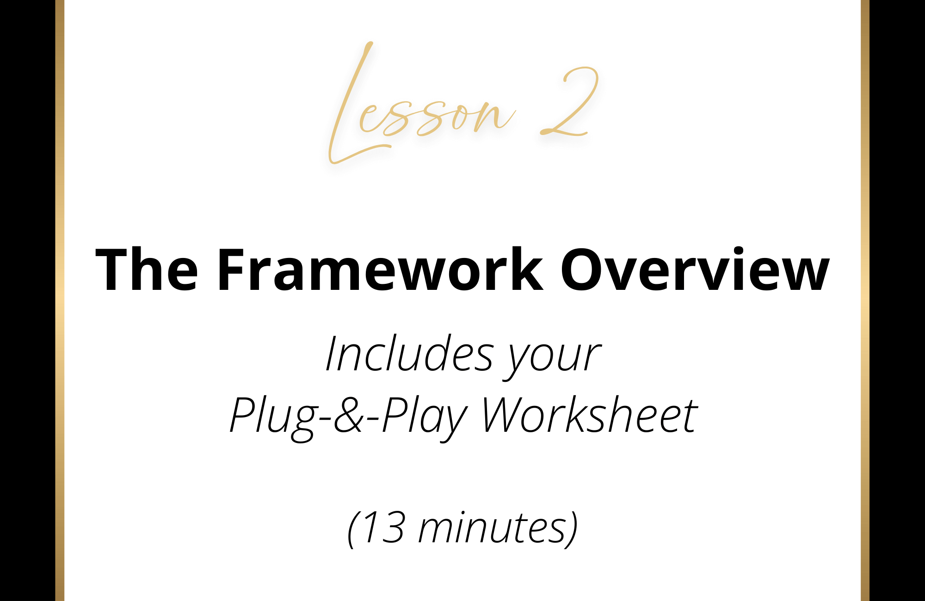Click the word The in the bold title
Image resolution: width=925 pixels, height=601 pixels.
(147, 270)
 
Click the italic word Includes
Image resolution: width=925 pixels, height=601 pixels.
(410, 354)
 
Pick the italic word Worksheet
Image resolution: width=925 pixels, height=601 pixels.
(589, 415)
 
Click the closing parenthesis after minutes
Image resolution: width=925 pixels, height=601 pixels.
(572, 530)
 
